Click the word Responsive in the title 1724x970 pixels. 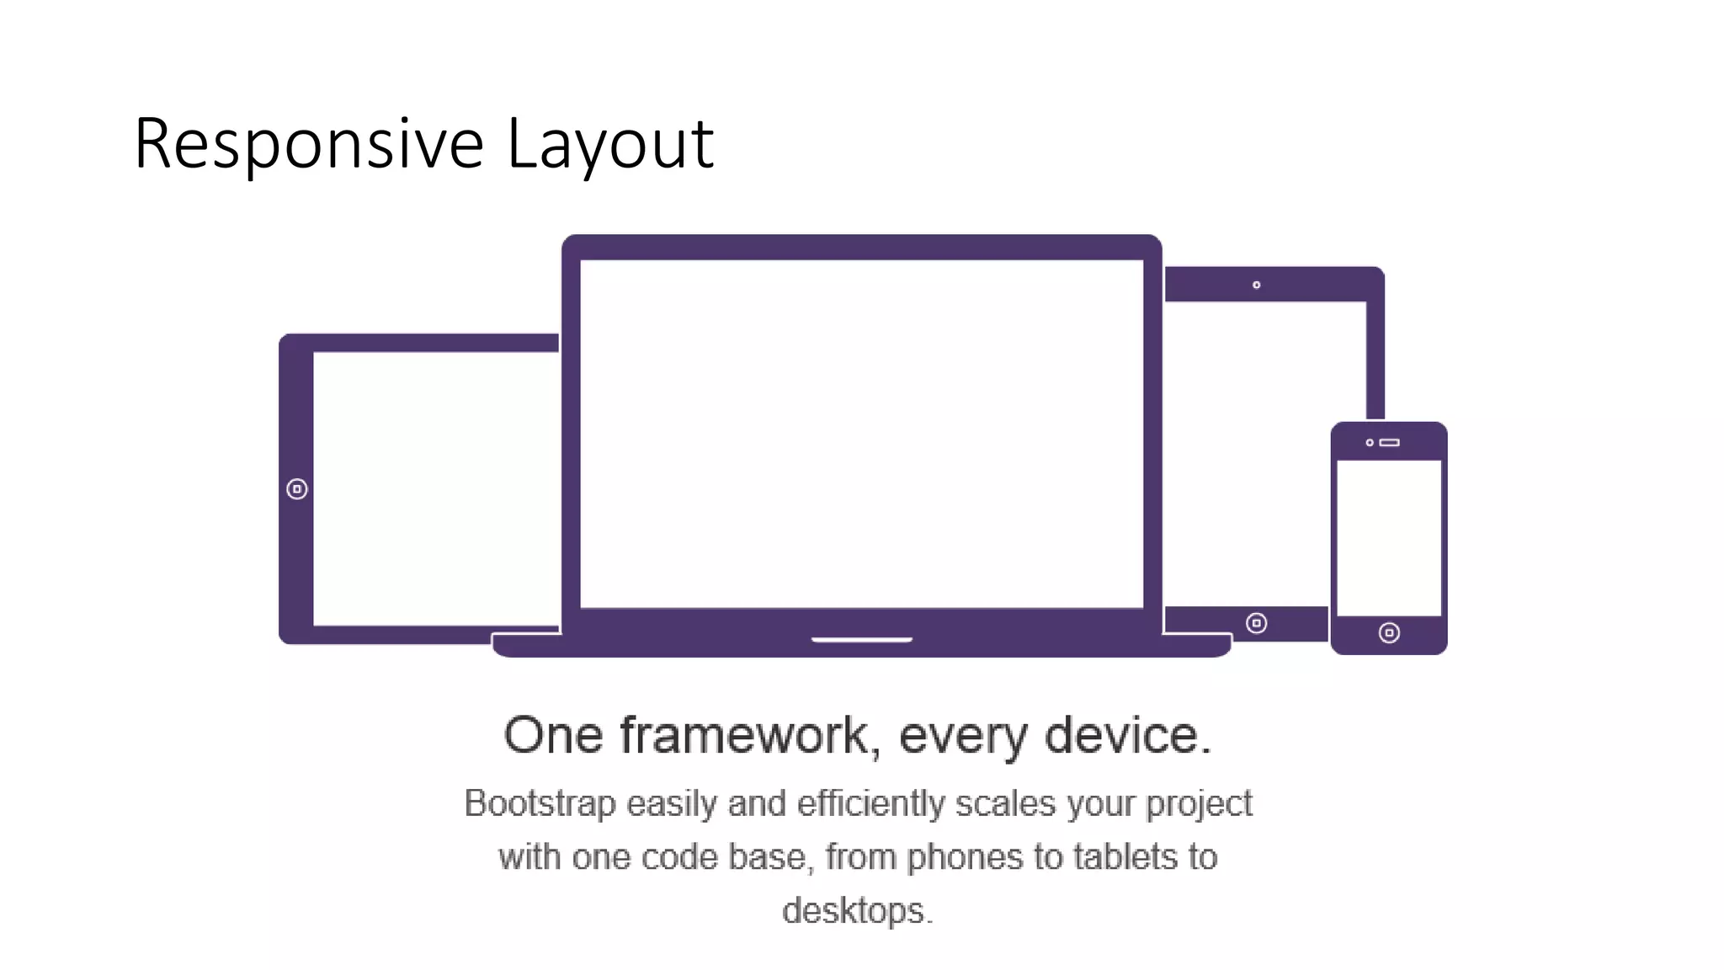click(308, 145)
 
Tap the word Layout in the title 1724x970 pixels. click(609, 145)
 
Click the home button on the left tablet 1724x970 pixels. click(296, 489)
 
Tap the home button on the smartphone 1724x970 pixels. click(1389, 633)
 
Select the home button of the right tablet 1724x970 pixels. click(1256, 623)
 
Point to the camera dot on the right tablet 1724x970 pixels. click(1256, 285)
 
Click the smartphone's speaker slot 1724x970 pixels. click(1389, 443)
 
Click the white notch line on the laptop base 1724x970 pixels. click(861, 640)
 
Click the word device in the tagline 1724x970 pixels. click(1127, 735)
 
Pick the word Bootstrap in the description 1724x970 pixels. click(540, 803)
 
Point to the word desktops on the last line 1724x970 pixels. click(857, 911)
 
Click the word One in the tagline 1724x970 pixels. click(553, 735)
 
